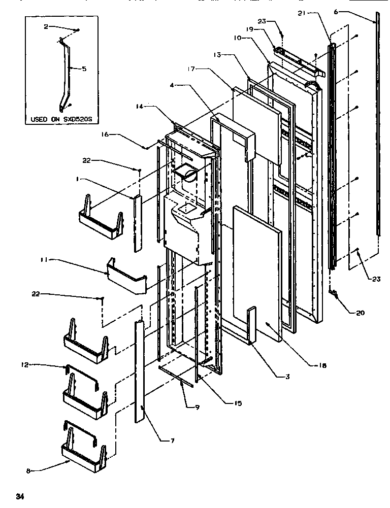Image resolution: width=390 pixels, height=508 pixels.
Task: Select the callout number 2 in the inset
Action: coord(46,26)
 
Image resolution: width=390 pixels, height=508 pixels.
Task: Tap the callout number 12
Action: coord(24,364)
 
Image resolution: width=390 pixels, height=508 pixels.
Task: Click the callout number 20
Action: coord(360,313)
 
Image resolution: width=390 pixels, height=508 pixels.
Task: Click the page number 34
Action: coord(19,495)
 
